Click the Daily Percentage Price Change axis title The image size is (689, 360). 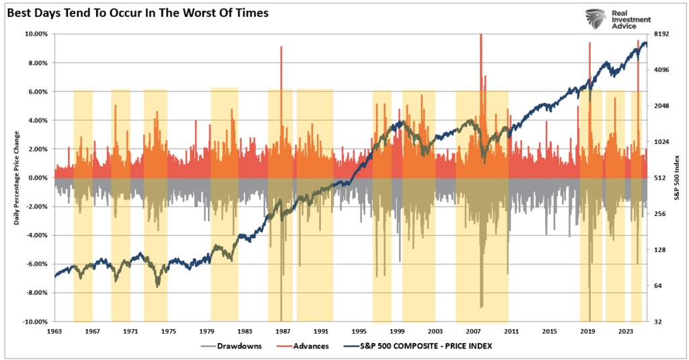pos(17,178)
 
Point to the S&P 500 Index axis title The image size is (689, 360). pos(679,178)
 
